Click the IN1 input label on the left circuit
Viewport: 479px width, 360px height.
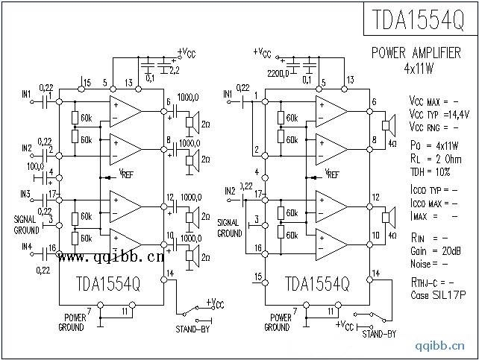(x=27, y=95)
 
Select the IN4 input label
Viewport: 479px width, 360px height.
(x=27, y=247)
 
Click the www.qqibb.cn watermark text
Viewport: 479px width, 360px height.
(x=111, y=258)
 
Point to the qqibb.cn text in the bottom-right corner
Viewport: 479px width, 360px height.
(x=447, y=347)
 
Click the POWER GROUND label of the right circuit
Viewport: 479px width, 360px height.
(x=277, y=322)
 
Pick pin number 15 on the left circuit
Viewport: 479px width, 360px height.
(x=87, y=82)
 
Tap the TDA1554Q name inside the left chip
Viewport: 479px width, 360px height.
(x=109, y=284)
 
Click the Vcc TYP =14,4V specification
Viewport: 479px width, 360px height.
(x=439, y=113)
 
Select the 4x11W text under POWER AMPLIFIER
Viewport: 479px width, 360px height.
(x=418, y=67)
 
